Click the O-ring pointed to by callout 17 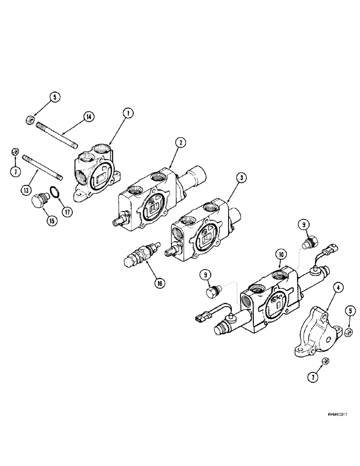pyautogui.click(x=55, y=193)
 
